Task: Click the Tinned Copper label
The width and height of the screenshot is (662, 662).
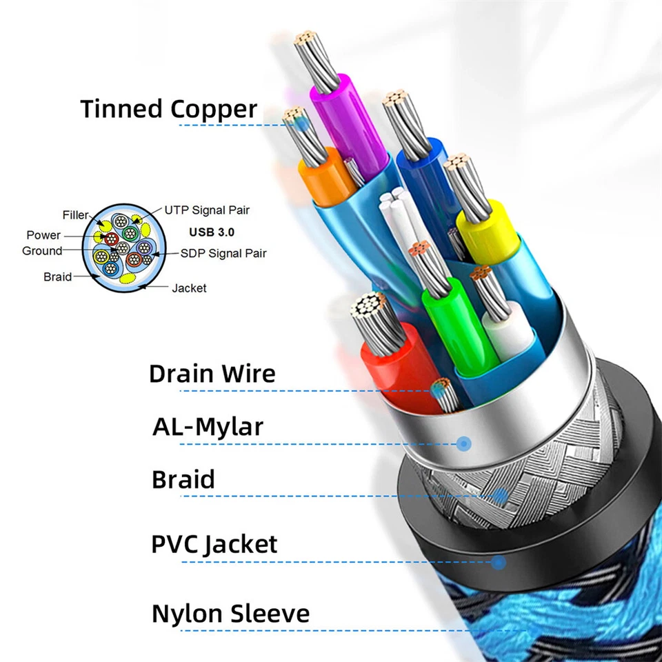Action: [169, 109]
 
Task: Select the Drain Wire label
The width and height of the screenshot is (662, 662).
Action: [212, 374]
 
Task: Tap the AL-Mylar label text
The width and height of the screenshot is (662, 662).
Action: [208, 427]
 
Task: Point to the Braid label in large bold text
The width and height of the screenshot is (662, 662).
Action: [183, 479]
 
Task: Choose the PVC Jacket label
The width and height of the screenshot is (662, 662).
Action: [214, 544]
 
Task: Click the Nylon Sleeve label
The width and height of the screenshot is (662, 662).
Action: [230, 613]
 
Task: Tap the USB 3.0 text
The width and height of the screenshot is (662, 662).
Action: [211, 232]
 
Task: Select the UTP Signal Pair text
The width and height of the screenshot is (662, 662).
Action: [208, 210]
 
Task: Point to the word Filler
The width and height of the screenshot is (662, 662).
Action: [76, 216]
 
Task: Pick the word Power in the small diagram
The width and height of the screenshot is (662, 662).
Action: [43, 236]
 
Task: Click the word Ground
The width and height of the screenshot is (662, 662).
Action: [42, 251]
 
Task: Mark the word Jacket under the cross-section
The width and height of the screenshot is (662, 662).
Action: [189, 288]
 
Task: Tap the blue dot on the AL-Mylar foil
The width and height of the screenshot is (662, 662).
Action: [463, 443]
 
